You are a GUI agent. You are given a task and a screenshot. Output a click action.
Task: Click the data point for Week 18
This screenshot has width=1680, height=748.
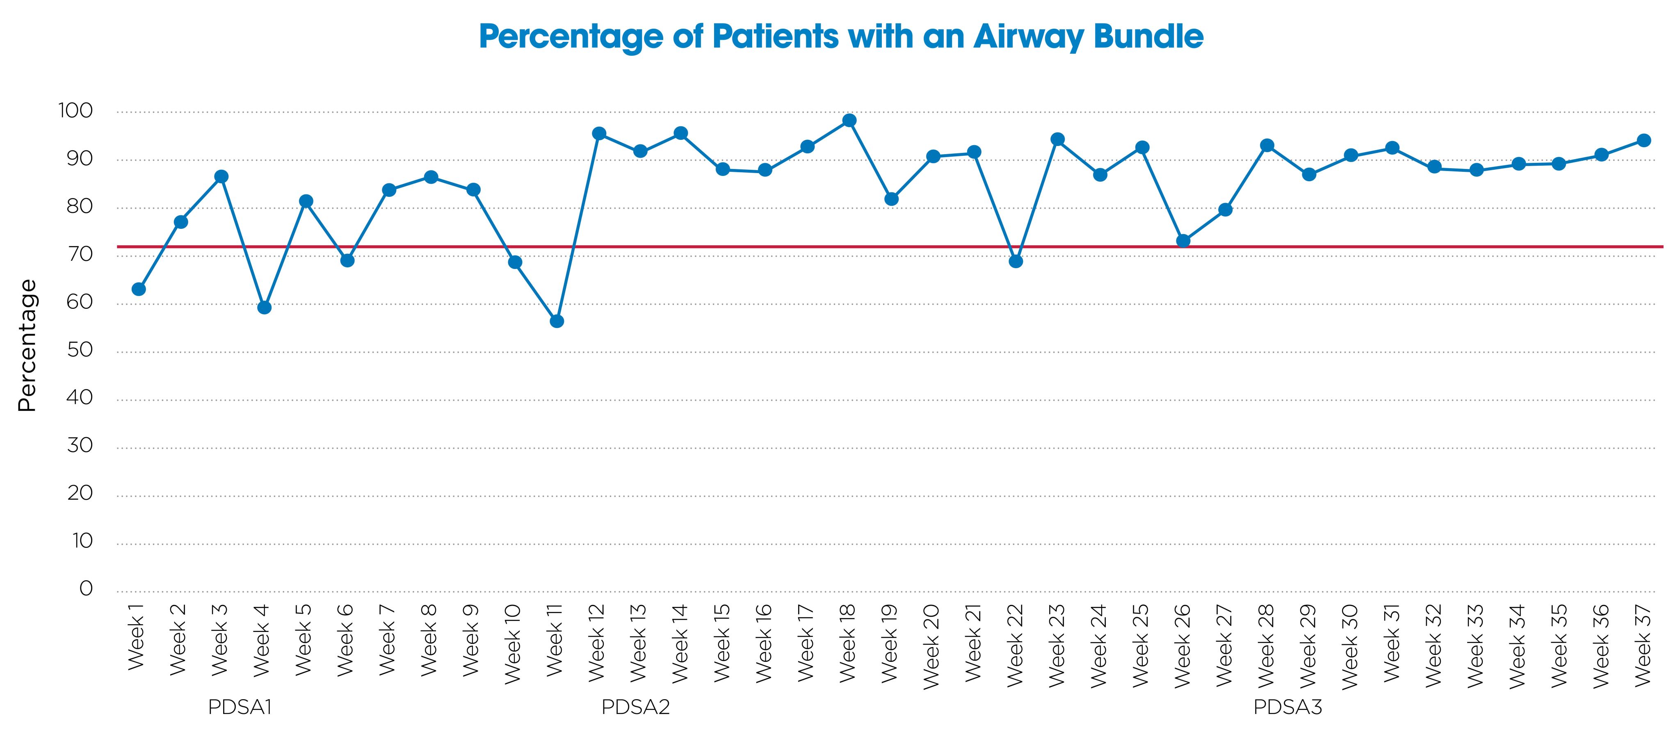tap(849, 121)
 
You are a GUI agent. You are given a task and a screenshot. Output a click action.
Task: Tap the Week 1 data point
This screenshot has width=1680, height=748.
tap(138, 289)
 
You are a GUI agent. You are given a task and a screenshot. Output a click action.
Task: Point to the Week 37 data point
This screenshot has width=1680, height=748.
tap(1643, 140)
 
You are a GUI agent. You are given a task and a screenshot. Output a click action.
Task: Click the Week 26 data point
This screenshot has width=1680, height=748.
tap(1183, 241)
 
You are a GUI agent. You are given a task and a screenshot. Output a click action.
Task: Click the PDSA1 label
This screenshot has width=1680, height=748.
tap(240, 707)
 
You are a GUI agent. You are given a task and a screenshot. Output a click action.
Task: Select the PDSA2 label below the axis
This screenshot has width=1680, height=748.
tap(635, 707)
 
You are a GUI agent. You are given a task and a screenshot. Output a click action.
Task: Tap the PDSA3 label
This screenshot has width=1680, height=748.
tap(1287, 707)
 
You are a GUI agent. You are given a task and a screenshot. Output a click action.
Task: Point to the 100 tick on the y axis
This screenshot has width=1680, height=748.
tap(75, 111)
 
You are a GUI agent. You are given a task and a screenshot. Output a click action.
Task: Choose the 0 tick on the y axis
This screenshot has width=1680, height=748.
tap(86, 589)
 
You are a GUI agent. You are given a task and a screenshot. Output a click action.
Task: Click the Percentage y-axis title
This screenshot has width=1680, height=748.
tap(27, 346)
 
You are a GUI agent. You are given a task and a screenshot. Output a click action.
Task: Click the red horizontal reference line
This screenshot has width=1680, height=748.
tap(717, 246)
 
